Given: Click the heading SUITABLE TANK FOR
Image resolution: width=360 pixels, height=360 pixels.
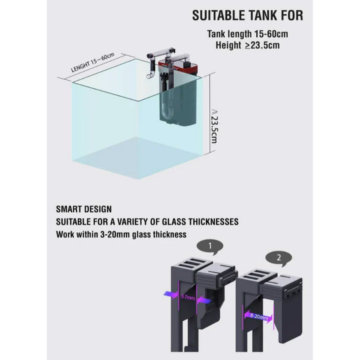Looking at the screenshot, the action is [x=247, y=15].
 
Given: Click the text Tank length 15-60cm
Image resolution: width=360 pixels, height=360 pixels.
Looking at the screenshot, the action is [x=247, y=34].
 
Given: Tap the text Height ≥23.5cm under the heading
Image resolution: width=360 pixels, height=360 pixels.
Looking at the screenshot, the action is [x=247, y=45].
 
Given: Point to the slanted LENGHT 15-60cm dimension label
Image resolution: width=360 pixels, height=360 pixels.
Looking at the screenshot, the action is [x=93, y=62].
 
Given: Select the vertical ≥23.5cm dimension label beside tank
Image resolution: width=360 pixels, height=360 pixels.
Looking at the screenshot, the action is [x=214, y=126].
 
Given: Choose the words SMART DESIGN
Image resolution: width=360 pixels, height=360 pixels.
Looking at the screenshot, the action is [x=84, y=209].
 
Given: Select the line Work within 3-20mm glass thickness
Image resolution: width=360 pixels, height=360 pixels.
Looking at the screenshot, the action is [x=121, y=234].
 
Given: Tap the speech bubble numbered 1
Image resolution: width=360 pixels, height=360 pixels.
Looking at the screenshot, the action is [x=210, y=247].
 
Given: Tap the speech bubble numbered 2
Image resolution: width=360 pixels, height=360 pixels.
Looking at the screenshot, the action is [x=278, y=258].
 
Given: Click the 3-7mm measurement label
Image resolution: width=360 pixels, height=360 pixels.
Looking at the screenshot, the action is [x=188, y=297].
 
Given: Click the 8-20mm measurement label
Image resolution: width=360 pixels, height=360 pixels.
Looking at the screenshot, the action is [x=259, y=316].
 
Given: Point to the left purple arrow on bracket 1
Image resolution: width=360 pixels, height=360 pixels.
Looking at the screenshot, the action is [x=171, y=295].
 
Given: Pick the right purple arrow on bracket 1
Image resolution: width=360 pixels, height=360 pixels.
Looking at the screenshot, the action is [x=204, y=300].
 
